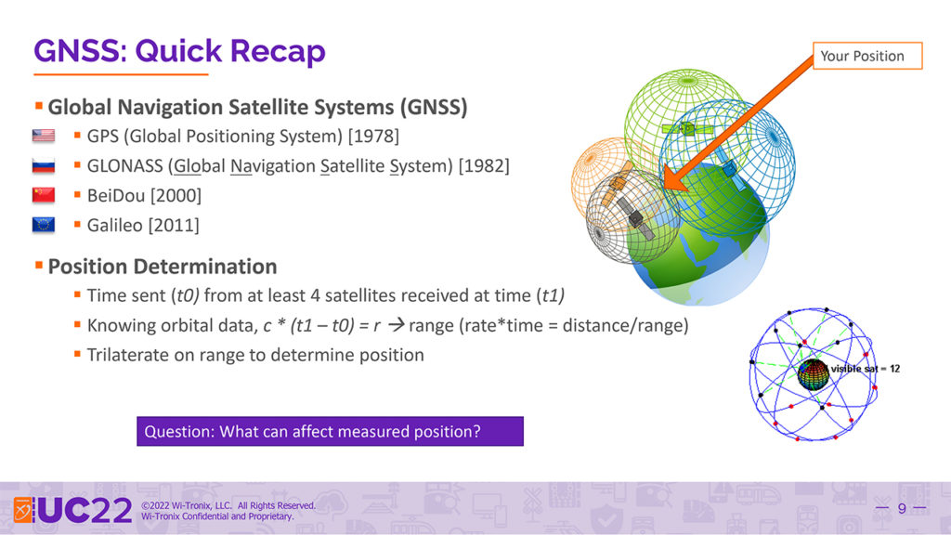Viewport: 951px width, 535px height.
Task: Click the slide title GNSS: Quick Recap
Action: [179, 51]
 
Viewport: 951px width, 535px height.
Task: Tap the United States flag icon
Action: [43, 136]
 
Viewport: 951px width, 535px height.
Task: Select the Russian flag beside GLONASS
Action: [43, 165]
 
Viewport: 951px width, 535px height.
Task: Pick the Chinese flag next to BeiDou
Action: [43, 195]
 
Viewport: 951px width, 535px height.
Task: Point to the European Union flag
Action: [43, 225]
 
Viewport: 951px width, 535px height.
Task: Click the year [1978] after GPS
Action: [373, 136]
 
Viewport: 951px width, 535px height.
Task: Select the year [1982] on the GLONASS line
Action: [484, 165]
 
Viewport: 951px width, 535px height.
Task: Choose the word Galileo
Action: [115, 225]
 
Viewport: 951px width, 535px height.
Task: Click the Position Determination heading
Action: [163, 267]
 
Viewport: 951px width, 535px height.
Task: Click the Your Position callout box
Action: [867, 56]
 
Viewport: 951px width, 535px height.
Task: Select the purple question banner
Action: [330, 431]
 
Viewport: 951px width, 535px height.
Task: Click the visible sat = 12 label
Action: [866, 368]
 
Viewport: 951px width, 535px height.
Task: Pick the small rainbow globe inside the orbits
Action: [814, 374]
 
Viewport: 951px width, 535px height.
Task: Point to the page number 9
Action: [902, 508]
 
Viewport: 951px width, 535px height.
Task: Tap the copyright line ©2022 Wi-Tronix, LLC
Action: [228, 505]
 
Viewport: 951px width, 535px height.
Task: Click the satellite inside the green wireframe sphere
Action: [687, 128]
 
